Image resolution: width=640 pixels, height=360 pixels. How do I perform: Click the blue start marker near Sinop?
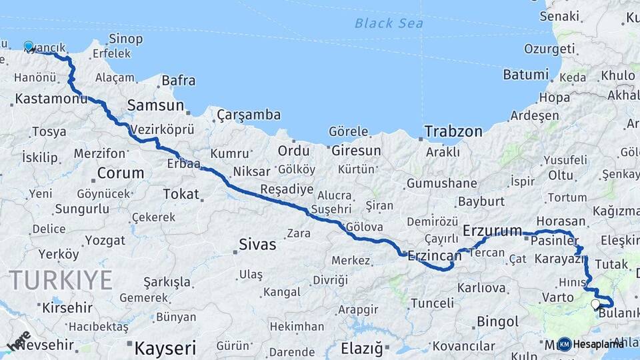(x=29, y=46)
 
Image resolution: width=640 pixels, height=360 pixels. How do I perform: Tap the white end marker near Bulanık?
(x=595, y=304)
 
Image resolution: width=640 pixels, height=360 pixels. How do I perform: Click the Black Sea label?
(x=389, y=23)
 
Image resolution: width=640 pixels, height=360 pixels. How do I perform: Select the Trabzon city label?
(x=454, y=131)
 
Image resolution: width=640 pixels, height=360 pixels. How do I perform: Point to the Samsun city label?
(x=155, y=105)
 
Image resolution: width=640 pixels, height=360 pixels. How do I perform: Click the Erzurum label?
(x=492, y=231)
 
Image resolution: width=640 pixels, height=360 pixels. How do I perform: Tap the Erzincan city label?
(x=434, y=256)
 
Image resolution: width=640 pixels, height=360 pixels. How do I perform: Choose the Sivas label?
(x=257, y=245)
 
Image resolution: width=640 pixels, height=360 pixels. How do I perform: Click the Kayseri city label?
(x=165, y=347)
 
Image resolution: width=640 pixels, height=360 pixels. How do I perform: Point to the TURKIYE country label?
(x=61, y=280)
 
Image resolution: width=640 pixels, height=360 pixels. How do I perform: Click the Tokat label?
(x=181, y=194)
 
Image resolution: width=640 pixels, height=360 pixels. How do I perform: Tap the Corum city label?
(x=120, y=173)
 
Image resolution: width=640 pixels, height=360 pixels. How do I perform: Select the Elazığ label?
(x=362, y=348)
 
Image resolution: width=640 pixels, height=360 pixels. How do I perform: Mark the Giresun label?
(x=356, y=151)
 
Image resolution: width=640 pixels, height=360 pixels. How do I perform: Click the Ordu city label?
(x=294, y=151)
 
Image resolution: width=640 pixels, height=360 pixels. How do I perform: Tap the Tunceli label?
(x=432, y=303)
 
